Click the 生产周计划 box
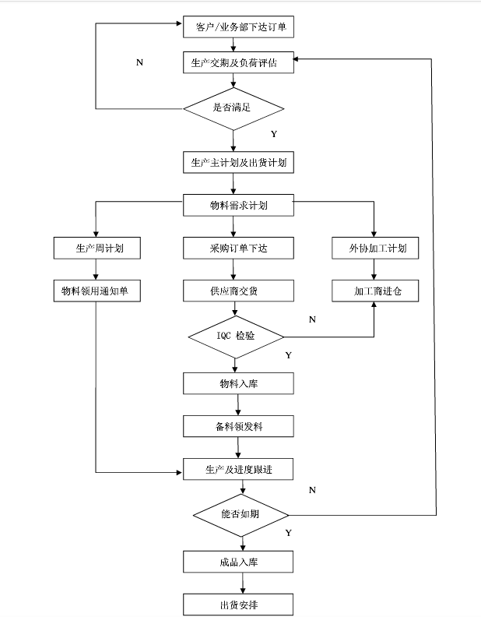(97, 249)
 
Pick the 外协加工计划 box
(374, 249)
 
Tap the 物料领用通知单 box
(97, 291)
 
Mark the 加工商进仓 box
(374, 291)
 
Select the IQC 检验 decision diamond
(236, 337)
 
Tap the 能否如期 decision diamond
(241, 515)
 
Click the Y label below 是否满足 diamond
(273, 134)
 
